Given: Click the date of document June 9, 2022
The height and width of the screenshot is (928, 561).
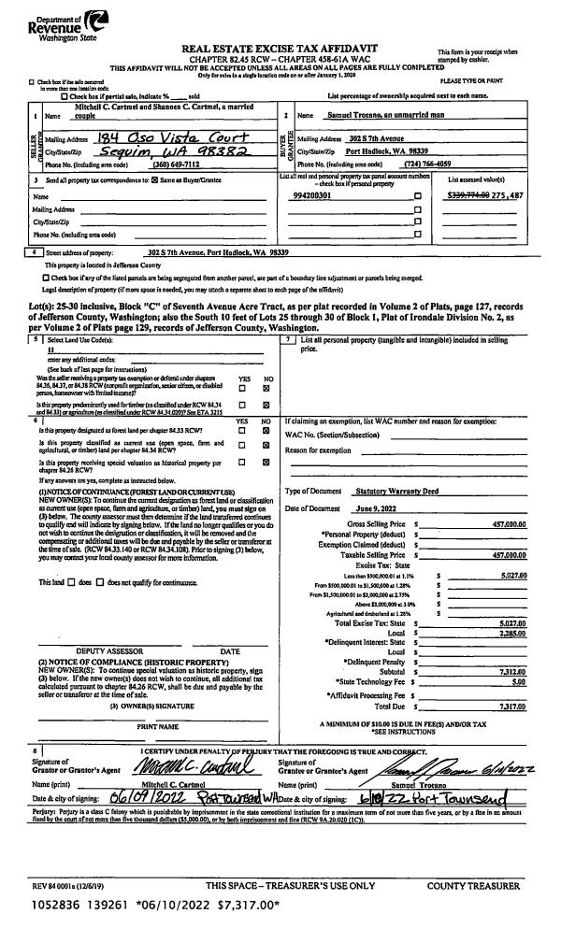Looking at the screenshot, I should pos(377,507).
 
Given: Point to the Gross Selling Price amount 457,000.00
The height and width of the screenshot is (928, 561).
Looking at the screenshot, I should pos(502,525).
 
